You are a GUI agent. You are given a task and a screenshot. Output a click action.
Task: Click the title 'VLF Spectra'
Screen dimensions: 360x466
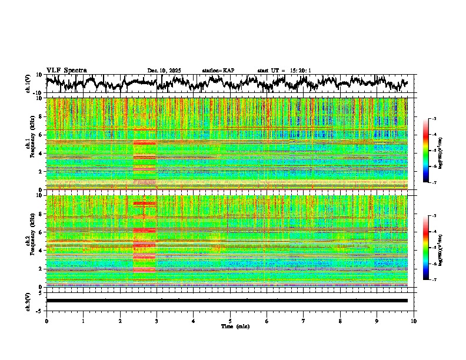click(x=66, y=71)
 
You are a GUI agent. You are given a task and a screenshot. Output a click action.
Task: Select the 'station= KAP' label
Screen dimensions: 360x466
click(x=218, y=71)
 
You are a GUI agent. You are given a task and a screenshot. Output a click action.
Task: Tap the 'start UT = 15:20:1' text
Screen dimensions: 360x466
click(x=284, y=71)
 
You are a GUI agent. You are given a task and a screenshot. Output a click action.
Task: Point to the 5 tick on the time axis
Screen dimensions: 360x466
click(x=230, y=321)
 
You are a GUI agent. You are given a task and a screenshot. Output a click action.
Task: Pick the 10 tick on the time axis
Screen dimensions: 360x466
click(x=414, y=321)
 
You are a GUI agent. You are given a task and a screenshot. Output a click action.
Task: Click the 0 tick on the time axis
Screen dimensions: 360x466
click(x=46, y=321)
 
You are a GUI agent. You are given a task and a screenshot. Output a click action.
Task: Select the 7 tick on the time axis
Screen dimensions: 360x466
click(x=304, y=321)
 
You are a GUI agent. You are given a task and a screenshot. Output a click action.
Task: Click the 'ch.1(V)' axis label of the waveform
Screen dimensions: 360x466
click(x=28, y=84)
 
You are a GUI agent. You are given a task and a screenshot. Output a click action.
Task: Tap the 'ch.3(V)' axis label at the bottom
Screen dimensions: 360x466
click(x=28, y=301)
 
